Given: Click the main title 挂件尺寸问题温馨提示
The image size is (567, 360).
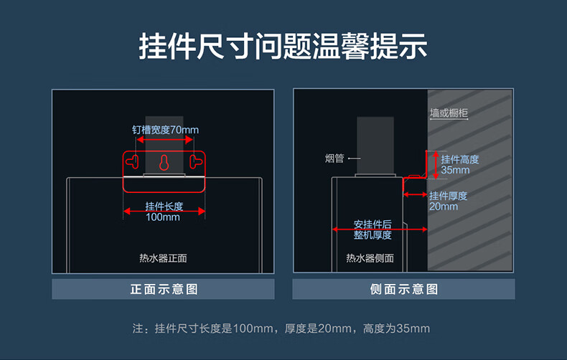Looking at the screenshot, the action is [283, 47].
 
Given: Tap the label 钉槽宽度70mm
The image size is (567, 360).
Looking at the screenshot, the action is [165, 130].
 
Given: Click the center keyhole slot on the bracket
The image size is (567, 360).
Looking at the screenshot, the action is [164, 162].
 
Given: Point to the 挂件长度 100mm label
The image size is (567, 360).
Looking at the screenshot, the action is [164, 212].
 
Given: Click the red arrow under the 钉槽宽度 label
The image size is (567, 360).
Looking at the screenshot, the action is [164, 141].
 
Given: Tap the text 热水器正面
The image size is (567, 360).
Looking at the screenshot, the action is [163, 258].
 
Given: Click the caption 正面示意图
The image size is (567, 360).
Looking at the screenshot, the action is [163, 289].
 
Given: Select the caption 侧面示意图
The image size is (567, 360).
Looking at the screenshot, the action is [403, 289].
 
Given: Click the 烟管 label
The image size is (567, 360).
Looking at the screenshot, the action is [334, 158].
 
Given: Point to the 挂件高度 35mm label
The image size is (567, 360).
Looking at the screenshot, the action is [459, 165].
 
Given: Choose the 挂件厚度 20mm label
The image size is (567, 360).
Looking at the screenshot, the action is [448, 201].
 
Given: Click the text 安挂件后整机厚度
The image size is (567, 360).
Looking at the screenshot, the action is [372, 229].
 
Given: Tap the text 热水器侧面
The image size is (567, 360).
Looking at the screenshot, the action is [370, 258].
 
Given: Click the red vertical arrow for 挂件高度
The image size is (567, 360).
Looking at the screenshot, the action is [434, 165].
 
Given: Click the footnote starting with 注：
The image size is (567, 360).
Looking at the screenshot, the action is [281, 329].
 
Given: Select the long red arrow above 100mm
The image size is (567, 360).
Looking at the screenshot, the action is [164, 211].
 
